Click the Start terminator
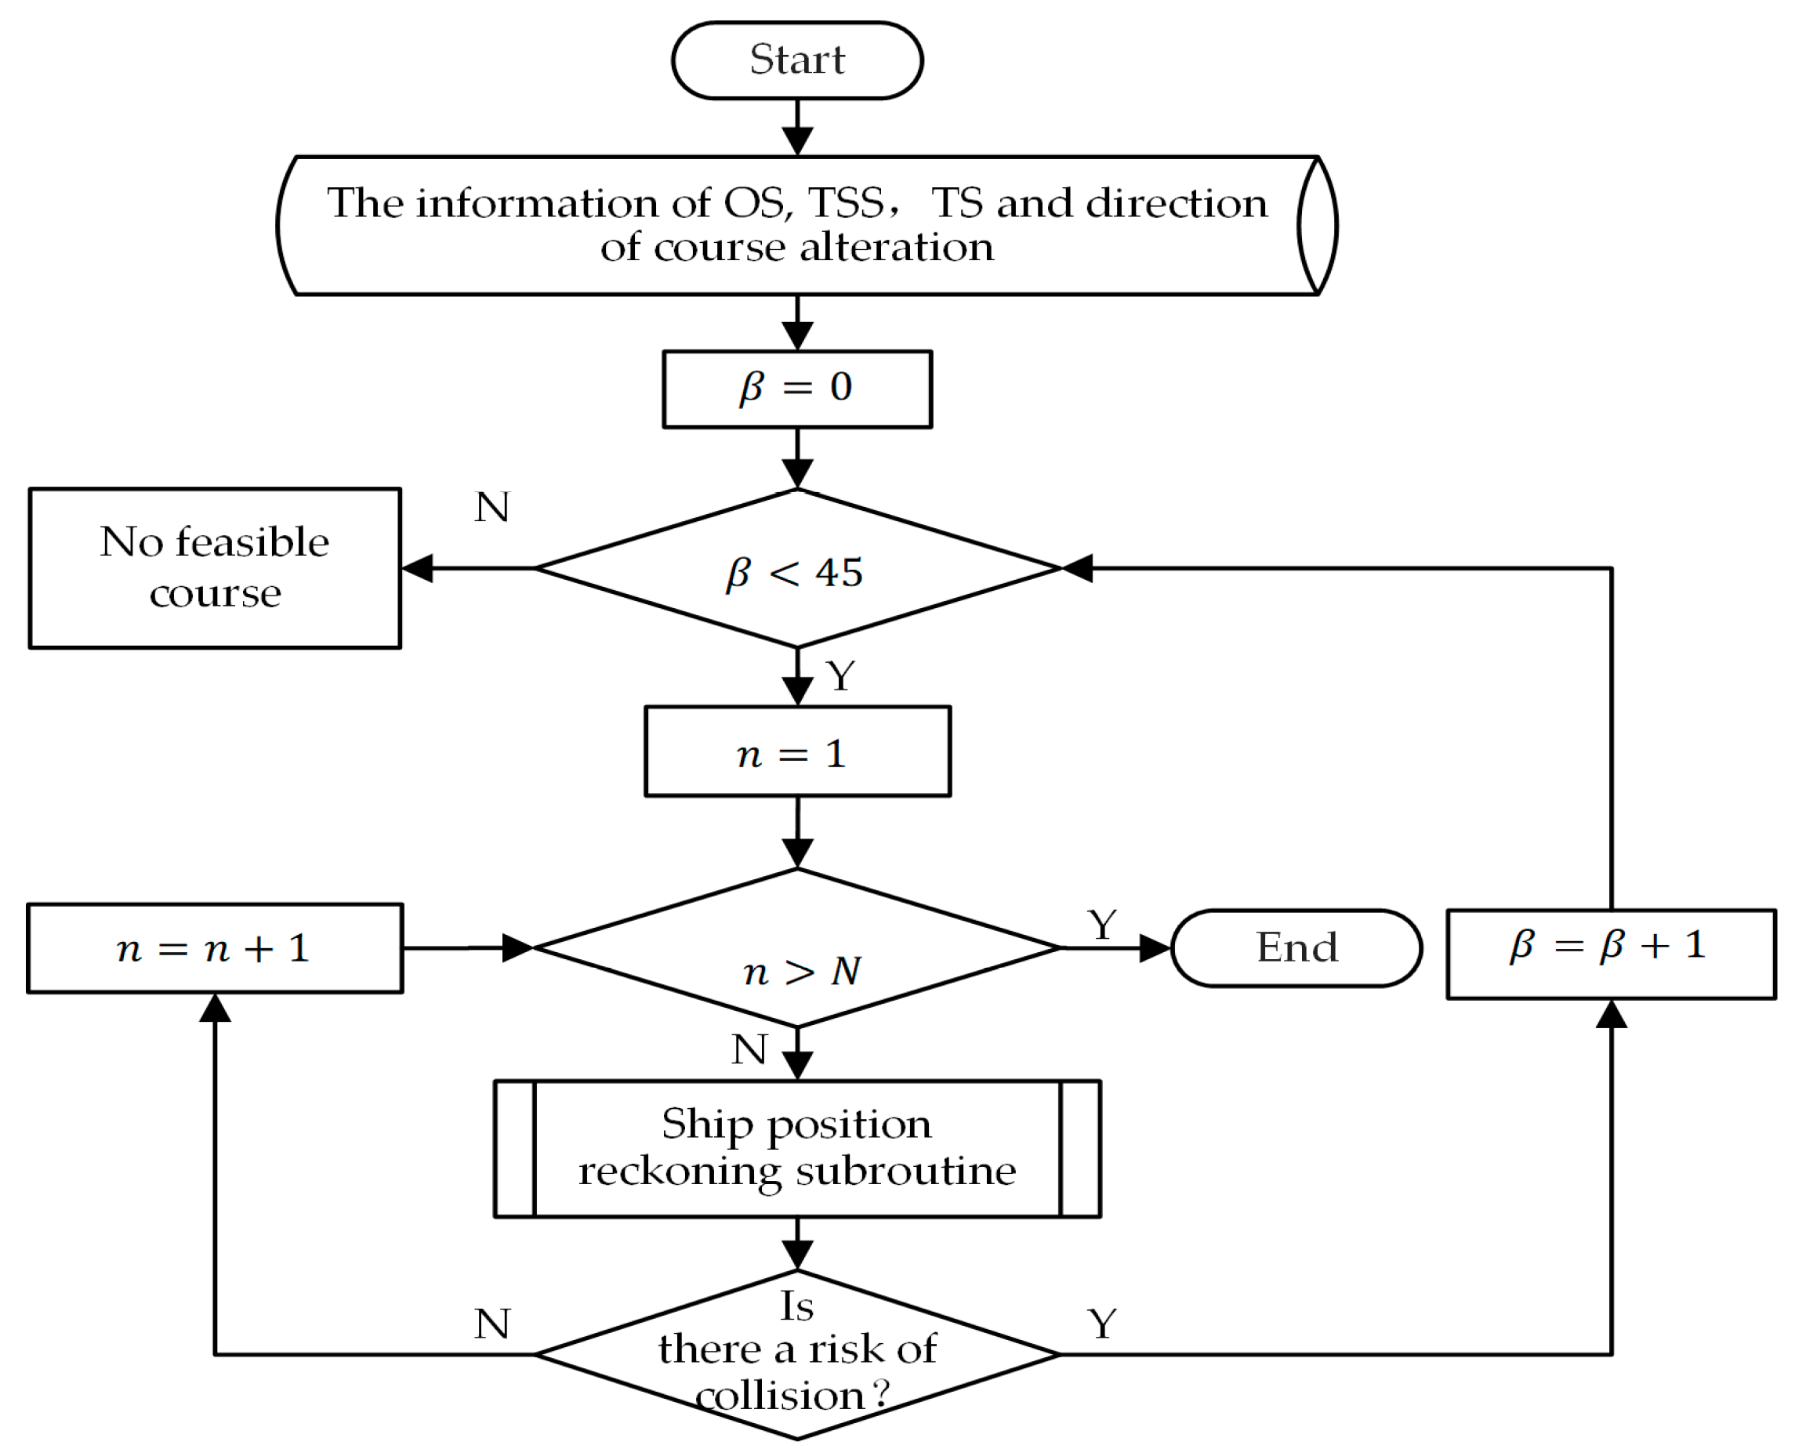tap(797, 60)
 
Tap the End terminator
tap(1296, 947)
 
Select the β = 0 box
tap(797, 389)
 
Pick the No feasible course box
tap(215, 568)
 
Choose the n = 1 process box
tap(797, 752)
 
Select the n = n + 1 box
tap(215, 948)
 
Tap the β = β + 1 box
tap(1611, 954)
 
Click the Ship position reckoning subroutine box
tap(797, 1148)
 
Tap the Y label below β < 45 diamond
tap(840, 676)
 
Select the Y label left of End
tap(1102, 925)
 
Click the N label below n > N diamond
tap(749, 1049)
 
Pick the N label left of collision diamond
tap(491, 1324)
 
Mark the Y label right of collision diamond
tap(1102, 1324)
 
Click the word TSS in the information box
tap(846, 203)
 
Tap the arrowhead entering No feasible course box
tap(417, 568)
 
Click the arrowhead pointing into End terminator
tap(1155, 947)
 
